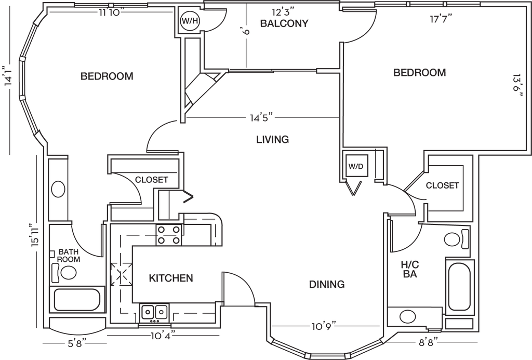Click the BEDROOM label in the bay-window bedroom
(108, 76)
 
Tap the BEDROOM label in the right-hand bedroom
(420, 73)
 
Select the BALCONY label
(285, 23)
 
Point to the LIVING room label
(272, 139)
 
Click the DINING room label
(327, 284)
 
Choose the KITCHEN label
(171, 278)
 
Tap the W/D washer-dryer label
(356, 167)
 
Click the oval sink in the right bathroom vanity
(407, 315)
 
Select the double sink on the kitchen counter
(154, 312)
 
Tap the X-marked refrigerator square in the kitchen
(121, 273)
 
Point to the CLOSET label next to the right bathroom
(442, 185)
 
